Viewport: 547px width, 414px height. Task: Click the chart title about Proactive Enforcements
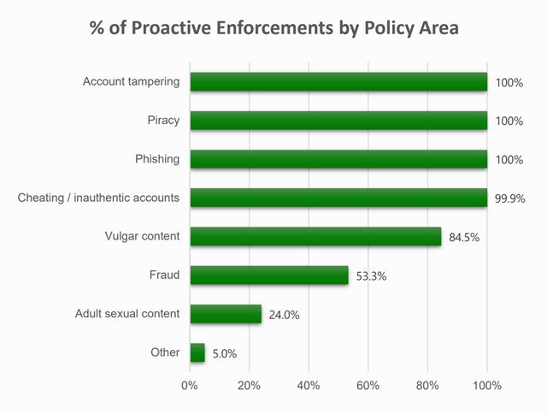pos(273,27)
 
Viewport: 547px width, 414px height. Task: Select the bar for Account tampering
pos(338,82)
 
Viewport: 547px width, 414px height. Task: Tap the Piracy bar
pos(338,121)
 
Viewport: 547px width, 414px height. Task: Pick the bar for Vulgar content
pos(315,236)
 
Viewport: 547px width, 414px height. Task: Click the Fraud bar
pos(269,275)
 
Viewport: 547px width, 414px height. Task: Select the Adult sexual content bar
pos(226,314)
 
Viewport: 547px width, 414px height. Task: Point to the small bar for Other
pos(197,352)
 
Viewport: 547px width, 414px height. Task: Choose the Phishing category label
pos(157,159)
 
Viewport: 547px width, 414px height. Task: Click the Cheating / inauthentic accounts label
pos(98,198)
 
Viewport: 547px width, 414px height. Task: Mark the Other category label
pos(165,352)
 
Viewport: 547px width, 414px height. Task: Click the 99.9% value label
pos(509,198)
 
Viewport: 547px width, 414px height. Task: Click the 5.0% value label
pos(224,353)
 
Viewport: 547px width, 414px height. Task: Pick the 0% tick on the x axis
pos(190,385)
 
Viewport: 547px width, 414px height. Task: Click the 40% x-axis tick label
pos(309,385)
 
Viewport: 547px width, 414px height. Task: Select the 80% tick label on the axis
pos(427,385)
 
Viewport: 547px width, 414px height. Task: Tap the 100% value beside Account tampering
pos(509,83)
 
